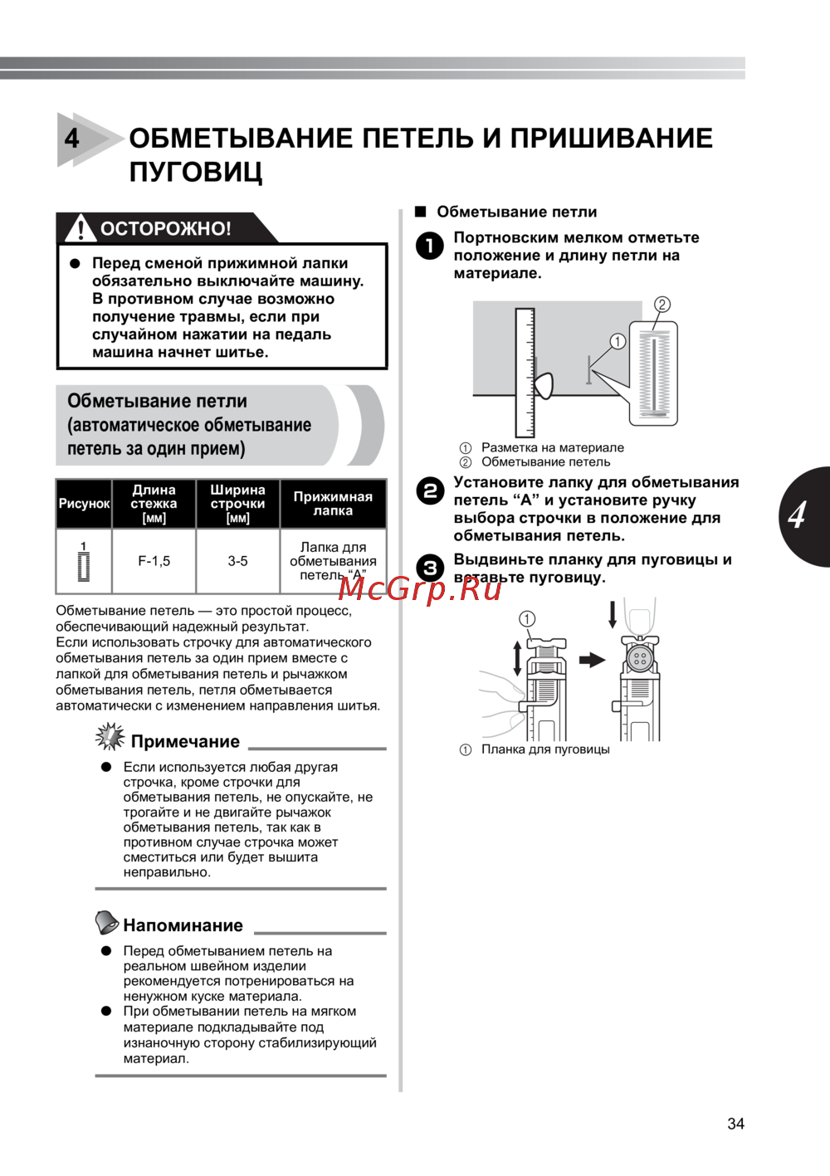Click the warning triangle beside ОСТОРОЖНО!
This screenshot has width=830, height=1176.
point(80,227)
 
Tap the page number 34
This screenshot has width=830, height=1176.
point(735,1124)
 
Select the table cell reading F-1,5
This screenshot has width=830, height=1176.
point(154,561)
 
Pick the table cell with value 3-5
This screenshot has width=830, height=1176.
point(237,561)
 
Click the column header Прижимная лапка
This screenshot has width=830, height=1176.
point(333,504)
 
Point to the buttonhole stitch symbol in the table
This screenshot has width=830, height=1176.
point(83,563)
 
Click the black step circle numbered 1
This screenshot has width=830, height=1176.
point(430,246)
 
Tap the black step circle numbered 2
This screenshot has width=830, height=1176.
point(430,490)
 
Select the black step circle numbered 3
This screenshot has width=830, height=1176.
point(430,568)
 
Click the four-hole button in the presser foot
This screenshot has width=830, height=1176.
point(639,660)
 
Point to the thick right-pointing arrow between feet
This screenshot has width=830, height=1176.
point(592,660)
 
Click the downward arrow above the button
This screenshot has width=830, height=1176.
point(613,614)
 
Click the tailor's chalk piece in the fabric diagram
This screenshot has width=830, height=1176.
point(543,386)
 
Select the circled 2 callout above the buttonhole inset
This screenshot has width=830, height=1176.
point(662,305)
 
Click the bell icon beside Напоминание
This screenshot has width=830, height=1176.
point(106,922)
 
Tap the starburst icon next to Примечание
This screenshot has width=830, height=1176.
point(110,736)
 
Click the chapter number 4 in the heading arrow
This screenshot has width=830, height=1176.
point(72,138)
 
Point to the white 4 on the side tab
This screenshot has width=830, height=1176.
point(797,515)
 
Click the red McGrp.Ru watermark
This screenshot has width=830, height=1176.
point(420,588)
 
